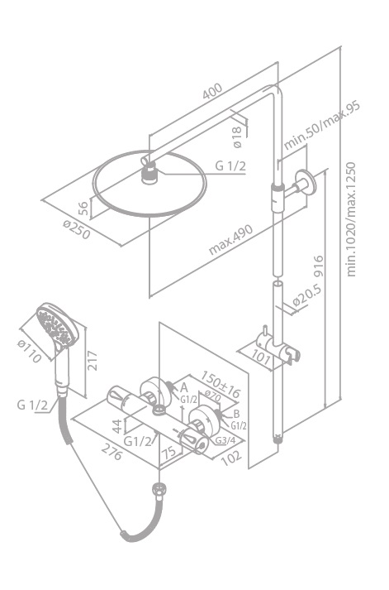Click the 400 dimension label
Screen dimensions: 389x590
(x=212, y=91)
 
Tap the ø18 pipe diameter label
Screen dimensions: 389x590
(x=236, y=137)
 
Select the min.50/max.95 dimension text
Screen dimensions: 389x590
(x=322, y=125)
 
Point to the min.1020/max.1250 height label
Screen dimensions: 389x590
(x=351, y=219)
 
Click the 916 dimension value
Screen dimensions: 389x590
(x=318, y=266)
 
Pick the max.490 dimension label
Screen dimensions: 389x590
(x=231, y=240)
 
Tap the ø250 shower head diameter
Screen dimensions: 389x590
(x=78, y=229)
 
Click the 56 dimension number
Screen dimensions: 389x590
(x=84, y=209)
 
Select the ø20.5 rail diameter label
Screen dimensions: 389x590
(x=306, y=295)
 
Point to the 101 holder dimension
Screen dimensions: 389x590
(x=261, y=357)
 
